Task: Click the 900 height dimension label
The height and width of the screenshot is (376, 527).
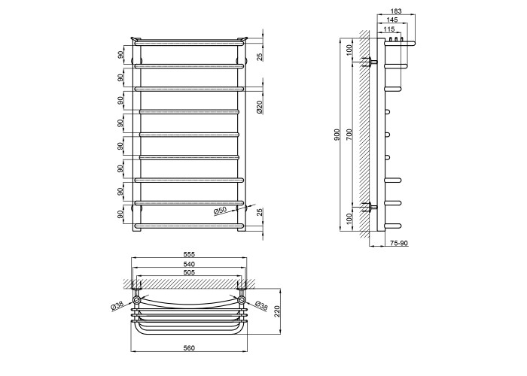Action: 338,135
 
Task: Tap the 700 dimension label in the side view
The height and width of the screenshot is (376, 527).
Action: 349,135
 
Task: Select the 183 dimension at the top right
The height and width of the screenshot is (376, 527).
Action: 396,11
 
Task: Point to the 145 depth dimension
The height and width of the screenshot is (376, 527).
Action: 392,20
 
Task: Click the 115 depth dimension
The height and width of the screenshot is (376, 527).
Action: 389,29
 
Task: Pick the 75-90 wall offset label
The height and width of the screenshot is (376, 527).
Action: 399,243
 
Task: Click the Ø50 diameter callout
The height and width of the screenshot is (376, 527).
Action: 221,211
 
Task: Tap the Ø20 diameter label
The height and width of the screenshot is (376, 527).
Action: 260,107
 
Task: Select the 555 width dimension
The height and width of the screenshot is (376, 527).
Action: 189,254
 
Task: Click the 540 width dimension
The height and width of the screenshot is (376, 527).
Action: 189,264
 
